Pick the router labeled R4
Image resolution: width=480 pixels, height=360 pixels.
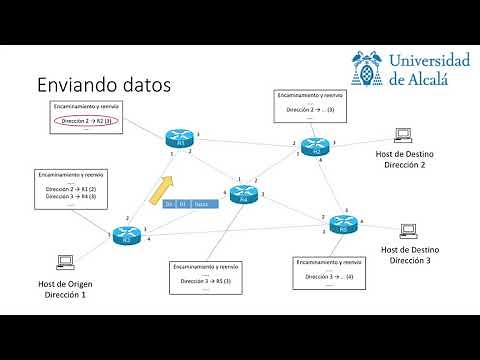(x=242, y=195)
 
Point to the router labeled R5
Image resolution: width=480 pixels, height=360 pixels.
(x=343, y=225)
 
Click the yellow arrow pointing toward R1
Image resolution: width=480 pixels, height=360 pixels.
(x=161, y=188)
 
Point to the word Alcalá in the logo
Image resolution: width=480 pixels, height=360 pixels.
(x=433, y=77)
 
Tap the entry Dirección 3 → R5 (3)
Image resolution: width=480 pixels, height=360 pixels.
(x=206, y=282)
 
